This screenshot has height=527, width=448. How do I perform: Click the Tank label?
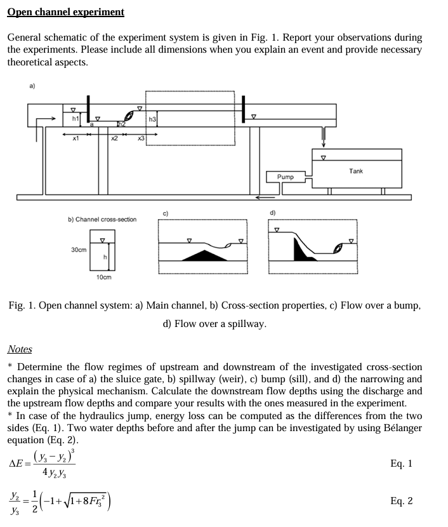coord(356,171)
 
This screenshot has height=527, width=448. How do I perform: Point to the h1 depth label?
coord(75,118)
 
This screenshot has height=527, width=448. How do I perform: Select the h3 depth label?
coord(152,119)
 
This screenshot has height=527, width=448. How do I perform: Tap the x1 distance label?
coord(75,138)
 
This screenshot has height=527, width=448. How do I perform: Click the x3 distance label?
coord(141,138)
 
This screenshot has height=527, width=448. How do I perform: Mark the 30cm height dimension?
coord(79,250)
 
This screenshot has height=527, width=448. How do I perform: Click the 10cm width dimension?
coord(103,277)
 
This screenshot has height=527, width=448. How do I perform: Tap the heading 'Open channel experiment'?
coord(66,12)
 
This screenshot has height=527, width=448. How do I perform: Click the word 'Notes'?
coord(20,349)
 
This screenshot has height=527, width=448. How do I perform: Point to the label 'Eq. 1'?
coord(401,464)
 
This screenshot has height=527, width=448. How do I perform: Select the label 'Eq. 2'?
coord(401,501)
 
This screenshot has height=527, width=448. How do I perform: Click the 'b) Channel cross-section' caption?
coord(102,219)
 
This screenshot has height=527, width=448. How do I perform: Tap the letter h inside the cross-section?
coord(105,256)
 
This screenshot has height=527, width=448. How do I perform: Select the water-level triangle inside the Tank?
coord(324,157)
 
